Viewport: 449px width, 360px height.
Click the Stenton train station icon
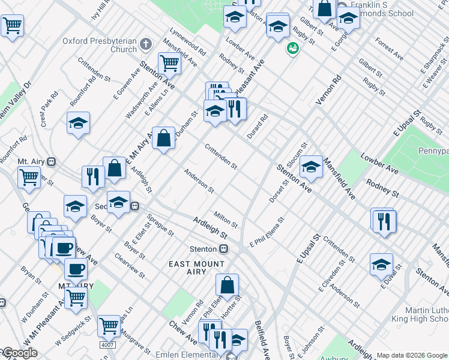point(224,249)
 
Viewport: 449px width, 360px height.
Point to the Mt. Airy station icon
point(52,162)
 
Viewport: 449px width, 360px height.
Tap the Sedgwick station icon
point(135,206)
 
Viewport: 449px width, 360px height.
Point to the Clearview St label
point(134,265)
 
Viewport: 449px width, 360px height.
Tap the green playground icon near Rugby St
point(292,49)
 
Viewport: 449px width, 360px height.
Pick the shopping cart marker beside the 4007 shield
point(109,326)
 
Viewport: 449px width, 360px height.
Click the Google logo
point(19,353)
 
